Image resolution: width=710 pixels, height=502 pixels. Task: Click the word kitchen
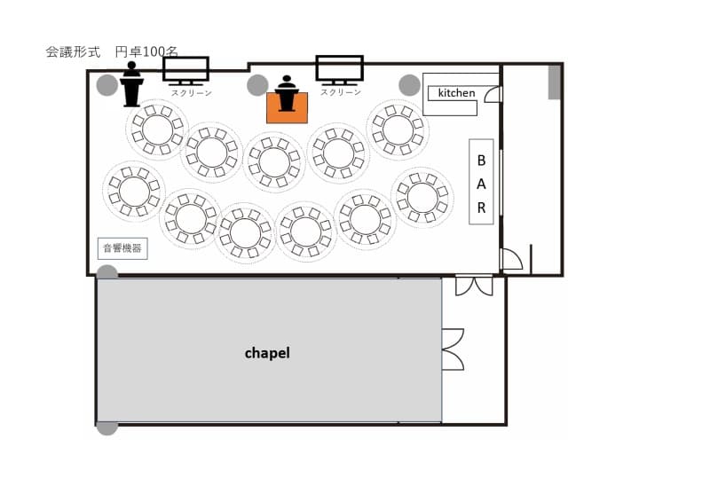(456, 93)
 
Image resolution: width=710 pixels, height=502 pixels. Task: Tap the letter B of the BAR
(481, 161)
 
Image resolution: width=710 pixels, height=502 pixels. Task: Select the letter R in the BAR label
(481, 208)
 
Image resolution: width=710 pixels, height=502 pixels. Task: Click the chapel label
(267, 353)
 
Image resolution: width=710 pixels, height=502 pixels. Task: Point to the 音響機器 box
(122, 248)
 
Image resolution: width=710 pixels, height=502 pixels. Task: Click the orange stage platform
(287, 107)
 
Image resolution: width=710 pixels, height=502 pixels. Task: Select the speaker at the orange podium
(287, 93)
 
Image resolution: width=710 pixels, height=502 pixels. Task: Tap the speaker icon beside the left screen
(131, 84)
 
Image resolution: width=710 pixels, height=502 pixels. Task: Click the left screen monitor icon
(185, 71)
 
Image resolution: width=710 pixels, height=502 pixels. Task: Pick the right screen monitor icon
(340, 71)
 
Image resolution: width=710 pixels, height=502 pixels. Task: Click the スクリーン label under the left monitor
(191, 93)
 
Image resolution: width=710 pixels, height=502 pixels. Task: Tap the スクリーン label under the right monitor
(341, 92)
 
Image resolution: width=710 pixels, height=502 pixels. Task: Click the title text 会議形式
(73, 52)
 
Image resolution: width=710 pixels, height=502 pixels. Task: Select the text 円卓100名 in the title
(146, 52)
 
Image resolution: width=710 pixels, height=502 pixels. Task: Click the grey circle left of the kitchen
(409, 85)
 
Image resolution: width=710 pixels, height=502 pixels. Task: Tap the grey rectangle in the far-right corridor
(555, 82)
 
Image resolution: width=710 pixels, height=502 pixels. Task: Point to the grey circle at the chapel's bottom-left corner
(106, 427)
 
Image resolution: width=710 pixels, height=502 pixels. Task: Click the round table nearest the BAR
(422, 198)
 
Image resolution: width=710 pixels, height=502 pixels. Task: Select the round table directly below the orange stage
(274, 162)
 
